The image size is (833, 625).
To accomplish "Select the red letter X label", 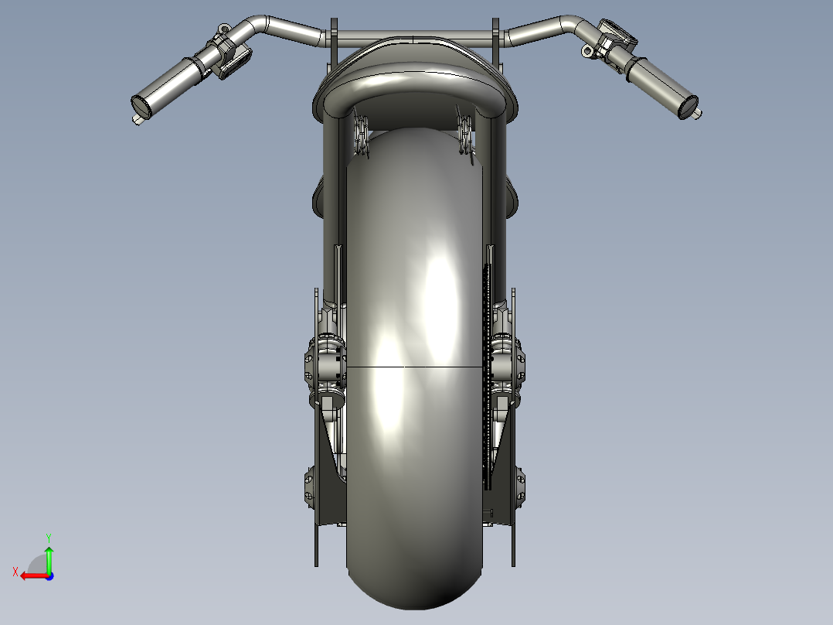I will [15, 572].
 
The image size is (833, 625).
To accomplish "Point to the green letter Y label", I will [48, 537].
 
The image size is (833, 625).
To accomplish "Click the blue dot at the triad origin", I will [49, 575].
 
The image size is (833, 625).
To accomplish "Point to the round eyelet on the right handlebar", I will [590, 52].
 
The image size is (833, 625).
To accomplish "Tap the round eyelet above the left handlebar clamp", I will [223, 31].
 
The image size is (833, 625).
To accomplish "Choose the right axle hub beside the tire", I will [508, 364].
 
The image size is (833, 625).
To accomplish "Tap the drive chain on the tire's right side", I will [486, 371].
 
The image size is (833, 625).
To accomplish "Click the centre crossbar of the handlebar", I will [415, 36].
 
